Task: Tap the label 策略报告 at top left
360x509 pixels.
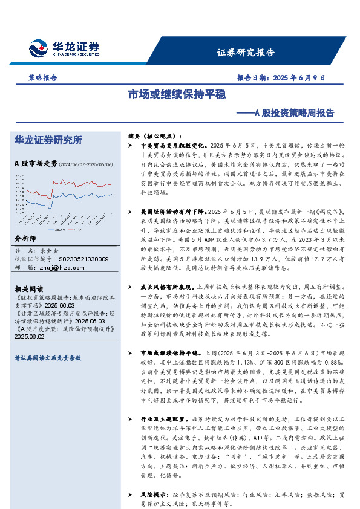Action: pyautogui.click(x=42, y=78)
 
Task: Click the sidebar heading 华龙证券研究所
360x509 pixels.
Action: pyautogui.click(x=48, y=140)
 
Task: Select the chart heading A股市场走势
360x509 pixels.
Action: pyautogui.click(x=35, y=163)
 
